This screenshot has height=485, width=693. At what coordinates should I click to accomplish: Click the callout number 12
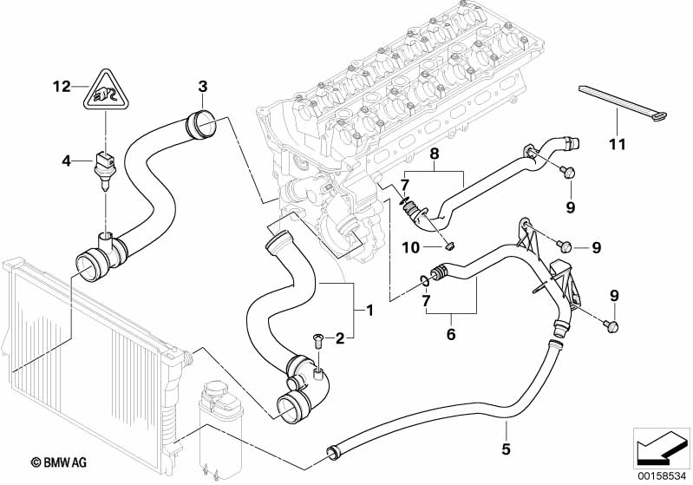click(60, 86)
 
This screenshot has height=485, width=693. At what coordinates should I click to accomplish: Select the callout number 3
click(202, 86)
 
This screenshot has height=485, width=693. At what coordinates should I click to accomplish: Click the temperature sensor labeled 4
click(103, 165)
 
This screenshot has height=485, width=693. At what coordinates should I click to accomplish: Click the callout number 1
click(369, 309)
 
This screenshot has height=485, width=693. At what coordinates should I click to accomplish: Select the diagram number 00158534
click(661, 474)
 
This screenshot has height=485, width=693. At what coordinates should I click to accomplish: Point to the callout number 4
click(66, 160)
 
